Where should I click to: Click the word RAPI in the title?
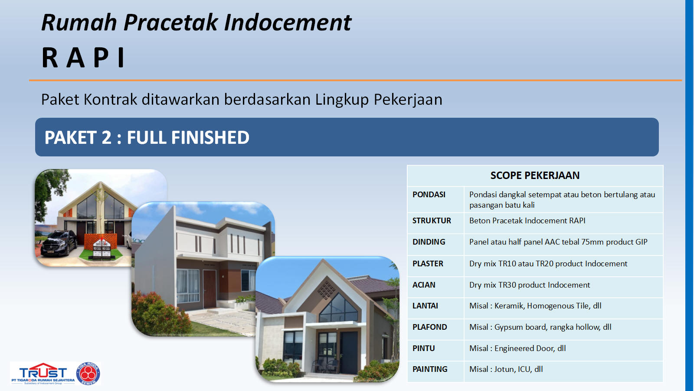83,57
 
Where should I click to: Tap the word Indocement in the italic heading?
288,22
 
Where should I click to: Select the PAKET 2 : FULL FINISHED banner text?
147,137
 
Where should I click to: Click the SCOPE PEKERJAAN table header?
535,176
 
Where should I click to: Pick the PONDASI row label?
429,195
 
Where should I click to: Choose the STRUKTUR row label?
432,221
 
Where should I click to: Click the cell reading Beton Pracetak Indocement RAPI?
527,221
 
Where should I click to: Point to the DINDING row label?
429,242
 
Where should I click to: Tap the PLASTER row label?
428,263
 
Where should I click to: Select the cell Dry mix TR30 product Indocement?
530,285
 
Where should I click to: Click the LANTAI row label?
425,306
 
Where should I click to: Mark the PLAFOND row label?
429,327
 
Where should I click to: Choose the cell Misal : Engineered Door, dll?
517,348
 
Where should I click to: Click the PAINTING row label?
430,369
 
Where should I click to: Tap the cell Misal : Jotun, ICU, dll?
506,369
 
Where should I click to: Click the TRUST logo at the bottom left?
43,373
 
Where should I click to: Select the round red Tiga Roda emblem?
88,373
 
